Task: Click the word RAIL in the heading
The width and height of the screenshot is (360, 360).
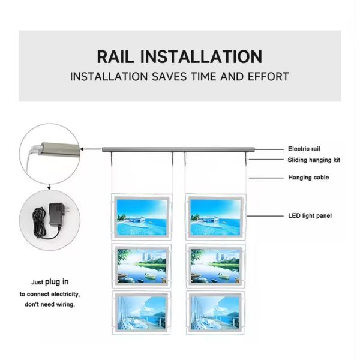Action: (115, 56)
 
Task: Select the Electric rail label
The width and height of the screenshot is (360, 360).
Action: (304, 149)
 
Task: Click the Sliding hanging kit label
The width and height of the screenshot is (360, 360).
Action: (314, 160)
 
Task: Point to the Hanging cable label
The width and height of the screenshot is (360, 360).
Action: (308, 177)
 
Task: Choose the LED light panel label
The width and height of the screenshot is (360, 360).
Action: (310, 215)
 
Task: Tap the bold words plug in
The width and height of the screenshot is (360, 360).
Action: (57, 282)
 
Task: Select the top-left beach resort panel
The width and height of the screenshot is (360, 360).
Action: (142, 217)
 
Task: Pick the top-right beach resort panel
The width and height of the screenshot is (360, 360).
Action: (215, 217)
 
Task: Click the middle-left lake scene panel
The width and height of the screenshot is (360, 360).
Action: (142, 266)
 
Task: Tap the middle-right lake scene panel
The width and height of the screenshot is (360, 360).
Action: (215, 266)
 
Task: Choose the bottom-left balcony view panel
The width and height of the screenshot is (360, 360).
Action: (142, 313)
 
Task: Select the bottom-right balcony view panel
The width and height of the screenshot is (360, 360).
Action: (215, 313)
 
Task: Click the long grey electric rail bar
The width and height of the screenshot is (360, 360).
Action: (178, 149)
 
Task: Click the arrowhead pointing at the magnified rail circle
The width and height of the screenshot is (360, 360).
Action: (82, 149)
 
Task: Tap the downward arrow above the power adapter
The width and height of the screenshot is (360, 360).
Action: (49, 187)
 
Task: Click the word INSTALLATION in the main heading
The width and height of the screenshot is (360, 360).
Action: (201, 56)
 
